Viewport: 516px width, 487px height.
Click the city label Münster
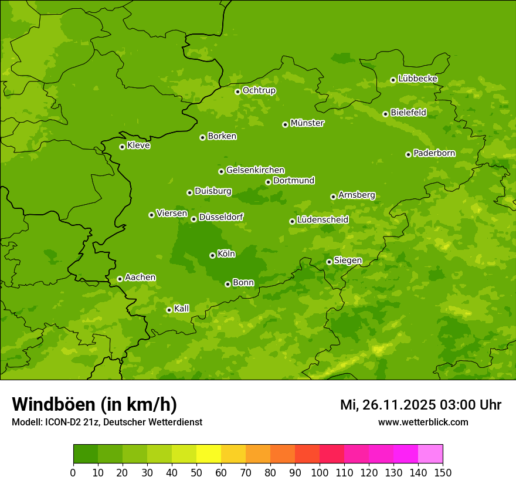tap(307, 123)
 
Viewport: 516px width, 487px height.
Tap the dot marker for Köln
tap(212, 255)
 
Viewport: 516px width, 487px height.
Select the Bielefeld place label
tap(409, 113)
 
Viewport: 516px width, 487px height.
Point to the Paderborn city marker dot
tap(408, 154)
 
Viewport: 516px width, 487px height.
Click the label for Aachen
tap(140, 278)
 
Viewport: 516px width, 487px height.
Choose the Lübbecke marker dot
tap(393, 80)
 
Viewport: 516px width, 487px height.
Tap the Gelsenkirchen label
tap(255, 170)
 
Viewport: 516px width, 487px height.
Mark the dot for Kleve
tap(122, 147)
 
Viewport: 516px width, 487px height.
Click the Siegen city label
tap(348, 261)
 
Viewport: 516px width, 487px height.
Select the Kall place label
tap(182, 309)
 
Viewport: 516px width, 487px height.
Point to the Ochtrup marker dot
tap(237, 92)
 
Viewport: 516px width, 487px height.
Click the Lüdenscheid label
tap(322, 220)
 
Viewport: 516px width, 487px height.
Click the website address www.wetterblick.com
tap(423, 422)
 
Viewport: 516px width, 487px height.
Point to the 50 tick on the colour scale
tap(196, 472)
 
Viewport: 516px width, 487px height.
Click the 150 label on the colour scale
tap(443, 472)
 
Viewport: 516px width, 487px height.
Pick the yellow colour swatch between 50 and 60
tap(209, 454)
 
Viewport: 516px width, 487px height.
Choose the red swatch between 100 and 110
tap(332, 454)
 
